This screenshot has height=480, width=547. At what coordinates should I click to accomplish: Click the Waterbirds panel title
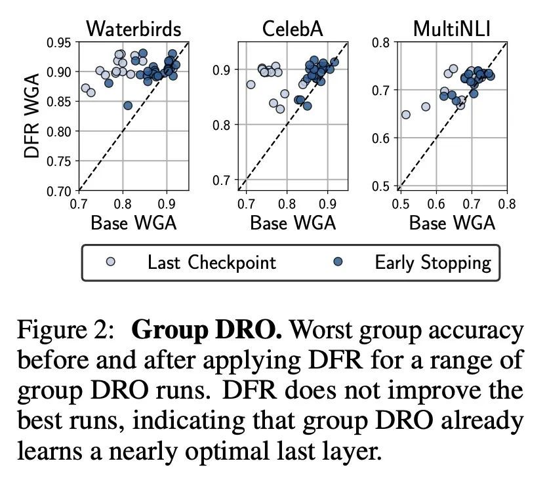[x=134, y=29]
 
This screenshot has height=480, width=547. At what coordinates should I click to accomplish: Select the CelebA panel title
[x=293, y=29]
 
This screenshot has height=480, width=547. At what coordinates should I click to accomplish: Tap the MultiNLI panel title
[x=452, y=29]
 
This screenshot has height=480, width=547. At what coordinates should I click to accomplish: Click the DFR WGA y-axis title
[x=31, y=116]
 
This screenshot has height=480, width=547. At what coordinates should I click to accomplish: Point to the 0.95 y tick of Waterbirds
[x=58, y=43]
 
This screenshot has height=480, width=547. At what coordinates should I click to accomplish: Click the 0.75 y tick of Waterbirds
[x=58, y=161]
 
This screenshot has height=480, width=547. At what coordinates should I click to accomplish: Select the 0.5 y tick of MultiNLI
[x=381, y=186]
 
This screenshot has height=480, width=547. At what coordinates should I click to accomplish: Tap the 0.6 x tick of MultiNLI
[x=436, y=204]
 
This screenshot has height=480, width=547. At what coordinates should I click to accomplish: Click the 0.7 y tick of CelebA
[x=222, y=180]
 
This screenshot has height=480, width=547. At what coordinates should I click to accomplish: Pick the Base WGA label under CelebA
[x=293, y=222]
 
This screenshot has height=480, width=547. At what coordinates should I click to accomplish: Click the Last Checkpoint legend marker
[x=111, y=261]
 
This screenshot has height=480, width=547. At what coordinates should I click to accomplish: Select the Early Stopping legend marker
[x=338, y=261]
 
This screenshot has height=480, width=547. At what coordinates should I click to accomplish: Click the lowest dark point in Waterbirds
[x=128, y=106]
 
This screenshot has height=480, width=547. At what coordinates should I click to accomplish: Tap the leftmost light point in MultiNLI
[x=406, y=114]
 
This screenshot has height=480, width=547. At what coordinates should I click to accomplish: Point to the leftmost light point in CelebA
[x=251, y=84]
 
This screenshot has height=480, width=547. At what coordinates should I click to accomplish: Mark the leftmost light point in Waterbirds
[x=85, y=88]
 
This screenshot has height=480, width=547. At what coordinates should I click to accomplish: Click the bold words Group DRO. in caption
[x=207, y=330]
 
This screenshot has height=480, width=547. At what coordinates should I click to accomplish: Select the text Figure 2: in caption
[x=65, y=330]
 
